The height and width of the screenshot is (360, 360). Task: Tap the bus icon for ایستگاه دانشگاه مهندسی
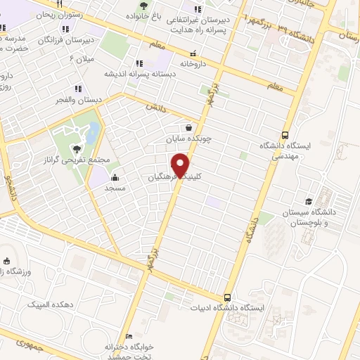click(285, 134)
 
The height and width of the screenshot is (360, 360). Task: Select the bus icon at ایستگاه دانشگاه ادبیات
click(227, 297)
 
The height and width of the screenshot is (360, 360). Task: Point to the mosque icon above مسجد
click(114, 178)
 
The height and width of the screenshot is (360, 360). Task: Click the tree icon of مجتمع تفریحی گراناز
click(75, 148)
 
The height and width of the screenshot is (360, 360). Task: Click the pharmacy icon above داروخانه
click(192, 53)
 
